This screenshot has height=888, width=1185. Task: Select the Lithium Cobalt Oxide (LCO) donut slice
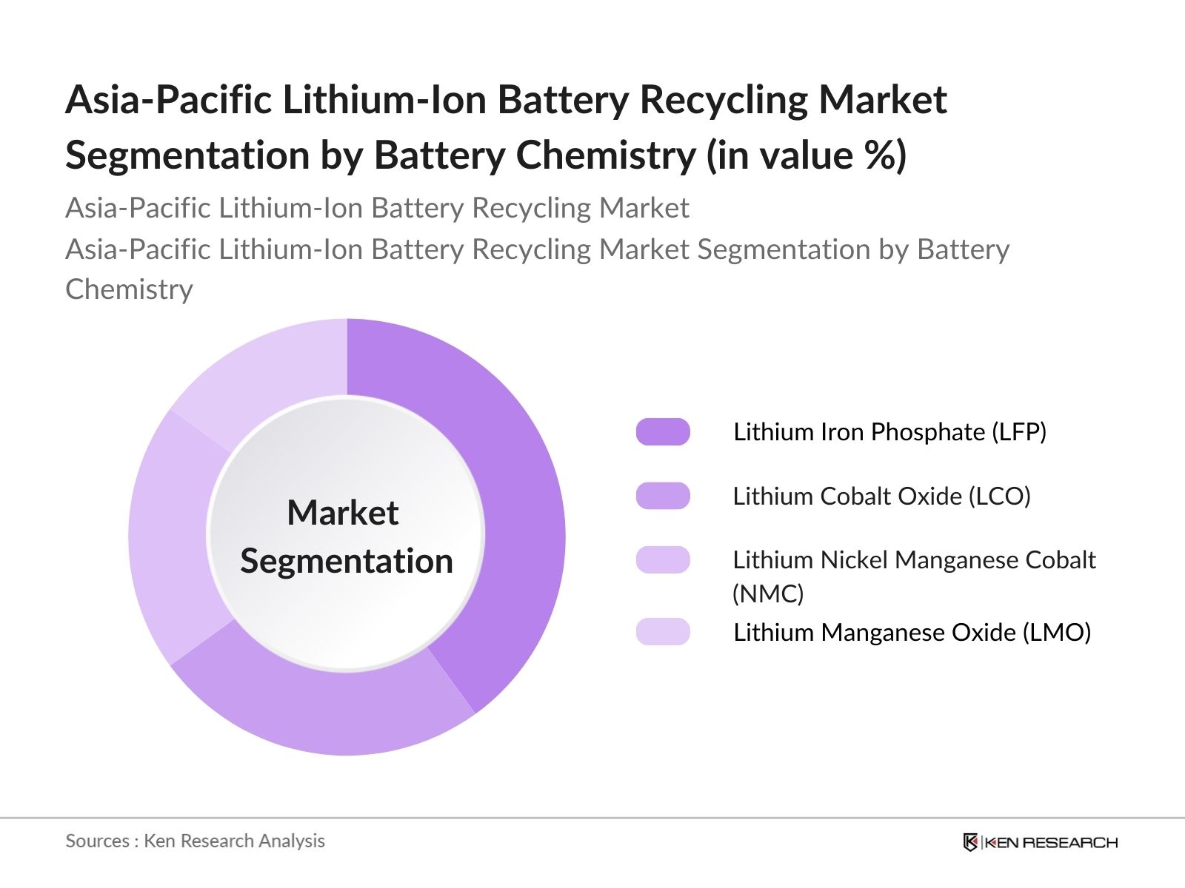click(326, 710)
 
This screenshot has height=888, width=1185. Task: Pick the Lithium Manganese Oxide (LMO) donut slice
click(267, 370)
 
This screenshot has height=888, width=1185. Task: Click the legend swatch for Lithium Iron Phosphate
click(663, 432)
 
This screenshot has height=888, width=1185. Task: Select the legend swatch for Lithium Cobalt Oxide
click(663, 496)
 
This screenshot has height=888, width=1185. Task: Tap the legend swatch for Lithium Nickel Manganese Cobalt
click(663, 560)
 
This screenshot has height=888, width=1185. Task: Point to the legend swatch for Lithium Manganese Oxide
click(663, 632)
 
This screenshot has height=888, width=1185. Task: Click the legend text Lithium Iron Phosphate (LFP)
click(889, 432)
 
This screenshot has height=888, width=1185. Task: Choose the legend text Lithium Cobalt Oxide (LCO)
click(881, 496)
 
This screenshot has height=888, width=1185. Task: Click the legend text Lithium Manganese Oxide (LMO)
click(912, 632)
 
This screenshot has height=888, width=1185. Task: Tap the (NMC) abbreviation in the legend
click(768, 593)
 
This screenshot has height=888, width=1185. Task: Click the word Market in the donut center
click(343, 513)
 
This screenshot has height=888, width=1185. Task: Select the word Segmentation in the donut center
click(346, 561)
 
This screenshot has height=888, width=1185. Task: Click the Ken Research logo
click(1040, 842)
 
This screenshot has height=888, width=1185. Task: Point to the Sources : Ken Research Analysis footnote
click(195, 841)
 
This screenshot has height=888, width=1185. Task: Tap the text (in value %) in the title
click(807, 155)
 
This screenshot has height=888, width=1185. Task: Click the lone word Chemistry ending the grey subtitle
click(129, 289)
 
